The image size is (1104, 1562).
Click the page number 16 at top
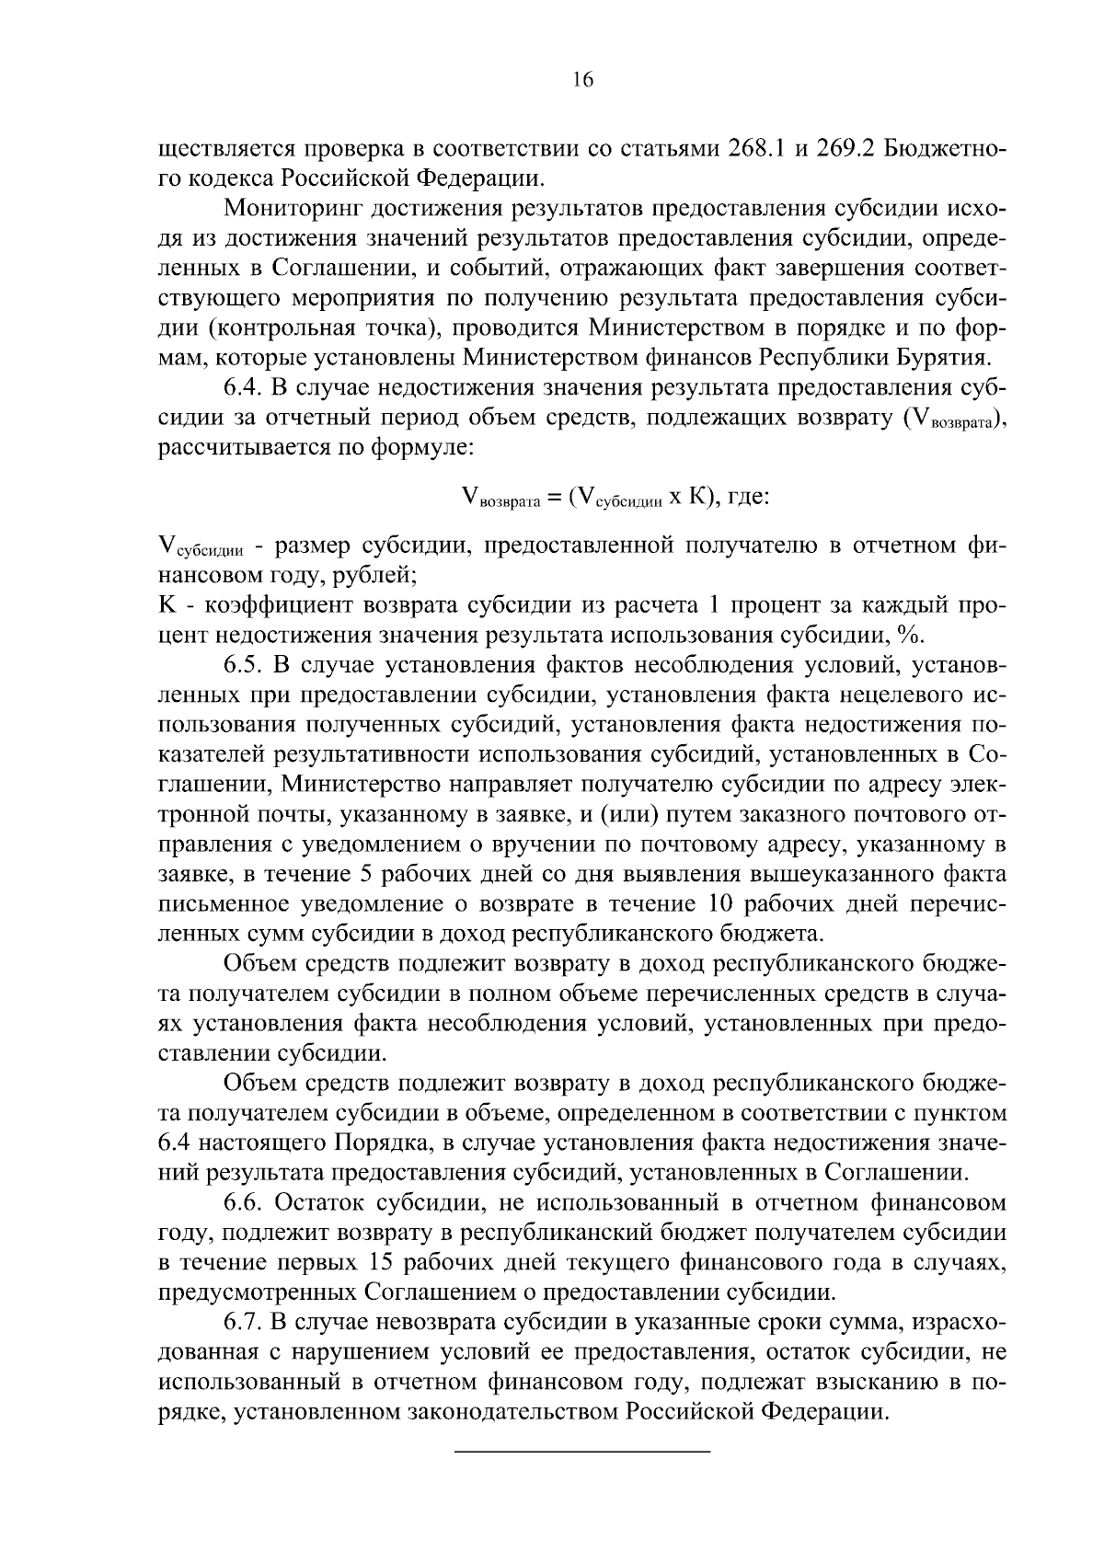583,79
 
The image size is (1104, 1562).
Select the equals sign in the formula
553,498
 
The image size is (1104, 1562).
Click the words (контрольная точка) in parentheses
346,328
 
